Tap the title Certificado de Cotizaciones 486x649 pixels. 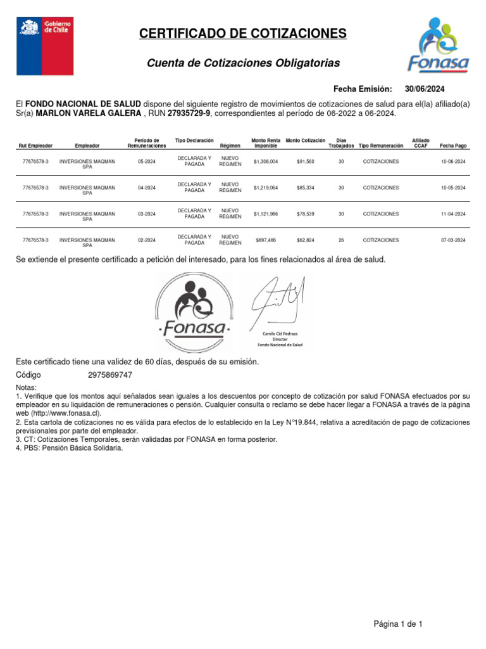tap(243, 34)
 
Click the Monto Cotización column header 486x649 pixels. tap(306, 140)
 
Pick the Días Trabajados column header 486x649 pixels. tap(341, 143)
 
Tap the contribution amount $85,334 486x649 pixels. tap(305, 188)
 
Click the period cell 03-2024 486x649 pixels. tap(146, 214)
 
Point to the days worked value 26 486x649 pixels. tap(342, 240)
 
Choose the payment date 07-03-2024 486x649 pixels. tap(453, 240)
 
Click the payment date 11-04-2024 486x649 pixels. tap(453, 214)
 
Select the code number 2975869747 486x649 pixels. tap(110, 375)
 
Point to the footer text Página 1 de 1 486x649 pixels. tap(398, 607)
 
